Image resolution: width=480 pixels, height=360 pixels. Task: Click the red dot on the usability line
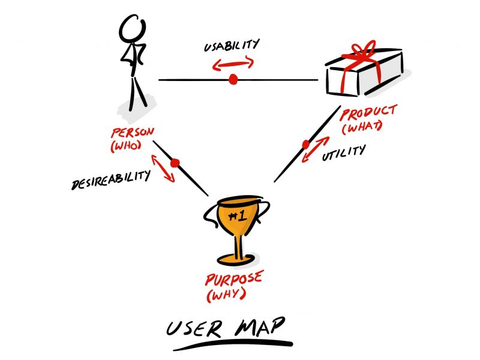tap(233, 79)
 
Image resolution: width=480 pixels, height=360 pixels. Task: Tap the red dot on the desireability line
tap(175, 163)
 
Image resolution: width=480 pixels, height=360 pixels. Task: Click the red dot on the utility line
tap(306, 145)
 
